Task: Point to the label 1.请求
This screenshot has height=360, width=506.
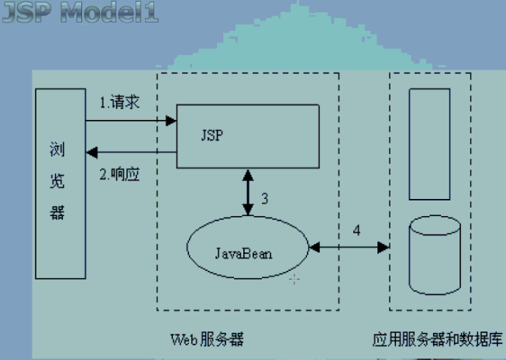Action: [x=120, y=103]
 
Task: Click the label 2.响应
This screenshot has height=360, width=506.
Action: [x=121, y=171]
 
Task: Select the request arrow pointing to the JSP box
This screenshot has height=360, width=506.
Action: [x=132, y=121]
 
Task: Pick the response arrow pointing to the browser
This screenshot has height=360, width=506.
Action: [x=132, y=151]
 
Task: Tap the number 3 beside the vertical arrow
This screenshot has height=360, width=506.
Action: [x=264, y=198]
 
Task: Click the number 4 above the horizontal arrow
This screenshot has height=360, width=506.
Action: [x=356, y=231]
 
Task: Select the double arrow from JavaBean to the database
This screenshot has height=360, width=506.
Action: [x=349, y=248]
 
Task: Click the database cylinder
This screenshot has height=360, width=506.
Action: [x=434, y=255]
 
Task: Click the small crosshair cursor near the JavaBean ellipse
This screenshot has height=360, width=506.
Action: [x=294, y=279]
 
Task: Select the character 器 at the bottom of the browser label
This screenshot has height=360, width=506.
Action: [x=57, y=213]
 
